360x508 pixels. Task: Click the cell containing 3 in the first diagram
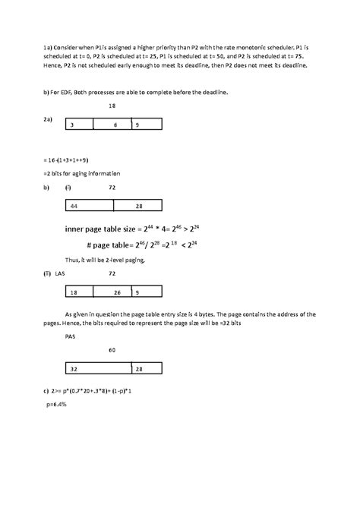click(79, 124)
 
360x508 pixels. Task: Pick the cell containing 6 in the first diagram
click(112, 124)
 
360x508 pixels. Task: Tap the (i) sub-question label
click(68, 186)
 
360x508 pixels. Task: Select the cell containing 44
click(87, 206)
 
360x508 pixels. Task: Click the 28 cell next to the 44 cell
click(137, 206)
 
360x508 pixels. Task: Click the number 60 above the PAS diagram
click(112, 350)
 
